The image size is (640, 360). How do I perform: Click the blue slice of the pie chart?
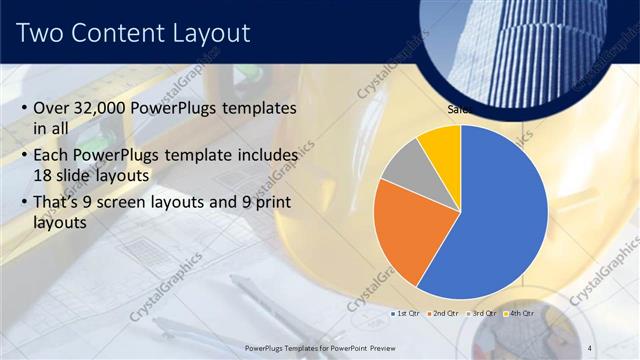500,220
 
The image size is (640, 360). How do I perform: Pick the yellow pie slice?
440,146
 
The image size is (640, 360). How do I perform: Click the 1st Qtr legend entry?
405,314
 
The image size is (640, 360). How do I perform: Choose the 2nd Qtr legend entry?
443,314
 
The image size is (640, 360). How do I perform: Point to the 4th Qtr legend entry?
519,314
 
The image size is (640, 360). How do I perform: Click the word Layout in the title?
215,34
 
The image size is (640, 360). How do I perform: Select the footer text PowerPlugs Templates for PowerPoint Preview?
322,347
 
